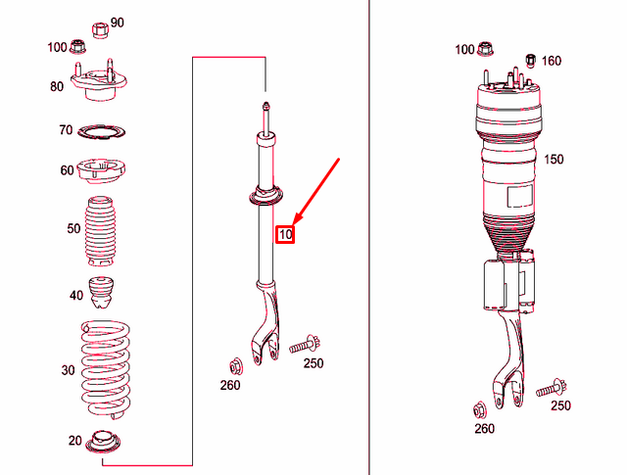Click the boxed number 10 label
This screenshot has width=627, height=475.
[285, 234]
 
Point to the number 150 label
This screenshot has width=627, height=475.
[554, 159]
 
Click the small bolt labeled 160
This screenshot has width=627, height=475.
[530, 59]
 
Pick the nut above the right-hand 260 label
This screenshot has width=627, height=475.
[480, 408]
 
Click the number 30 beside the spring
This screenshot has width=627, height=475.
[68, 370]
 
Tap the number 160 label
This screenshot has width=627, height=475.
[552, 61]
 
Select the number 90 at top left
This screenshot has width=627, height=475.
[118, 23]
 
